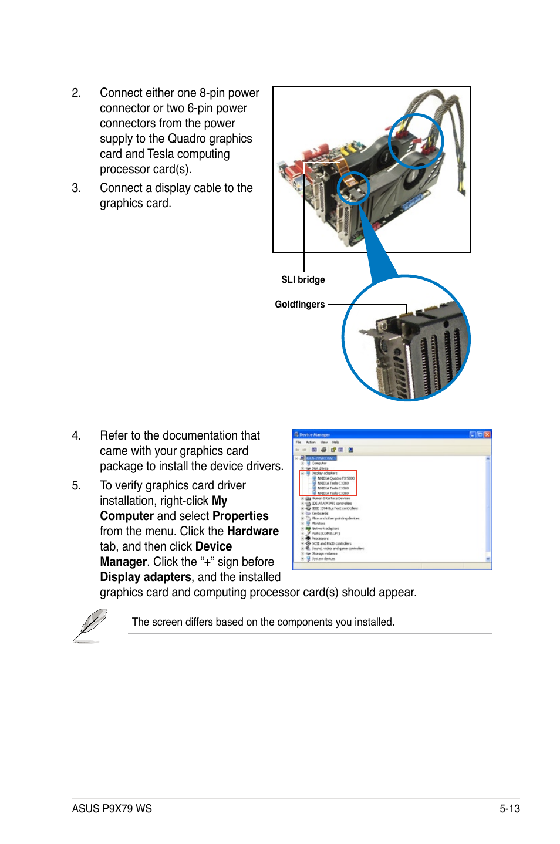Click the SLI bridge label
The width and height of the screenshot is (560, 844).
pyautogui.click(x=303, y=279)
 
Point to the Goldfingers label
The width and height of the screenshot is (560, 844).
pyautogui.click(x=299, y=304)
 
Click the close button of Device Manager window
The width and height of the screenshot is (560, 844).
pyautogui.click(x=487, y=434)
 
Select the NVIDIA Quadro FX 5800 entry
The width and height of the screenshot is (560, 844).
pyautogui.click(x=336, y=478)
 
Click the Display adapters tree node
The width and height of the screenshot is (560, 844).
pyautogui.click(x=324, y=473)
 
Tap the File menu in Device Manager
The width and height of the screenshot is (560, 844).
pyautogui.click(x=298, y=442)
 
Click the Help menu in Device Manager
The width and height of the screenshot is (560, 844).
pyautogui.click(x=336, y=442)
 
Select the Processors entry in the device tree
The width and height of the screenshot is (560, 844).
pyautogui.click(x=320, y=538)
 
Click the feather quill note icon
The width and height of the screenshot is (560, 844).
pyautogui.click(x=90, y=624)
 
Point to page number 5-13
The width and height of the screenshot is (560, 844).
pyautogui.click(x=510, y=808)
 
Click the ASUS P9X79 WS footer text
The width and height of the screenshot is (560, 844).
pyautogui.click(x=112, y=808)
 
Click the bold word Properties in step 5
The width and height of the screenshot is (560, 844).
pyautogui.click(x=241, y=516)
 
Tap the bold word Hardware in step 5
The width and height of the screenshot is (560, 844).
pyautogui.click(x=253, y=531)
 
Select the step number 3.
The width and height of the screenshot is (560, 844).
pyautogui.click(x=76, y=188)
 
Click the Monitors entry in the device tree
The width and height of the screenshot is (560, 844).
pyautogui.click(x=318, y=524)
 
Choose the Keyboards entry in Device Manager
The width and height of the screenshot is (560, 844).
pyautogui.click(x=320, y=514)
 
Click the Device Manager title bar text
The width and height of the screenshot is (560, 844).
pyautogui.click(x=315, y=435)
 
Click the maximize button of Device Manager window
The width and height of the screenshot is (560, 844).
pyautogui.click(x=480, y=434)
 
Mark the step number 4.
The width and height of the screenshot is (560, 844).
pyautogui.click(x=76, y=435)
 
